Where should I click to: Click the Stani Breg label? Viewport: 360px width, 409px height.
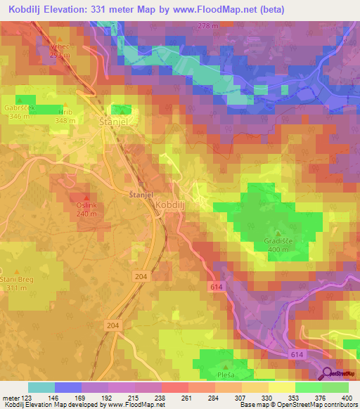point(20,279)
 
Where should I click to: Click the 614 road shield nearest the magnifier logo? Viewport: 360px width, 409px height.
point(298,356)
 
